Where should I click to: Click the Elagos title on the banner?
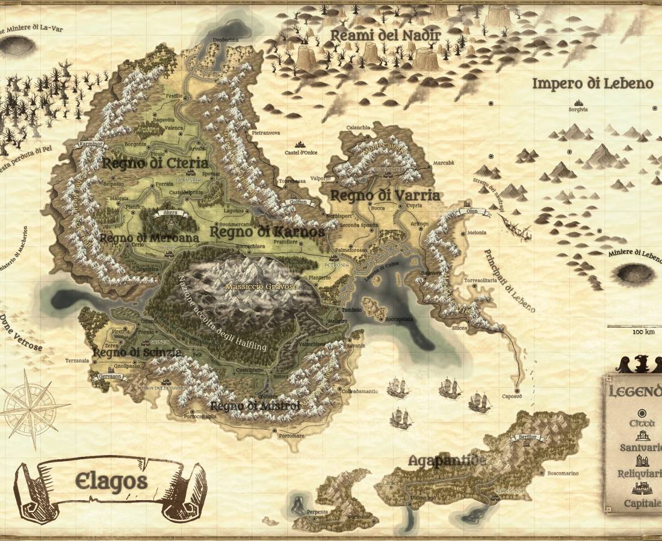click(111, 481)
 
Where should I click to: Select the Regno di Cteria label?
click(155, 163)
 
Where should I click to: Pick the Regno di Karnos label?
click(267, 231)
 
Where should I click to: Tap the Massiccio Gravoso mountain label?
click(261, 287)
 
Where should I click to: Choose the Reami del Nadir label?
click(386, 35)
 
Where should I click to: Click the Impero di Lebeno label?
click(592, 84)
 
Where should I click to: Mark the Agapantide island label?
click(447, 461)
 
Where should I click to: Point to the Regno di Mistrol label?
click(255, 407)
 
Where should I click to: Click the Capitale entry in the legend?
click(642, 503)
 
